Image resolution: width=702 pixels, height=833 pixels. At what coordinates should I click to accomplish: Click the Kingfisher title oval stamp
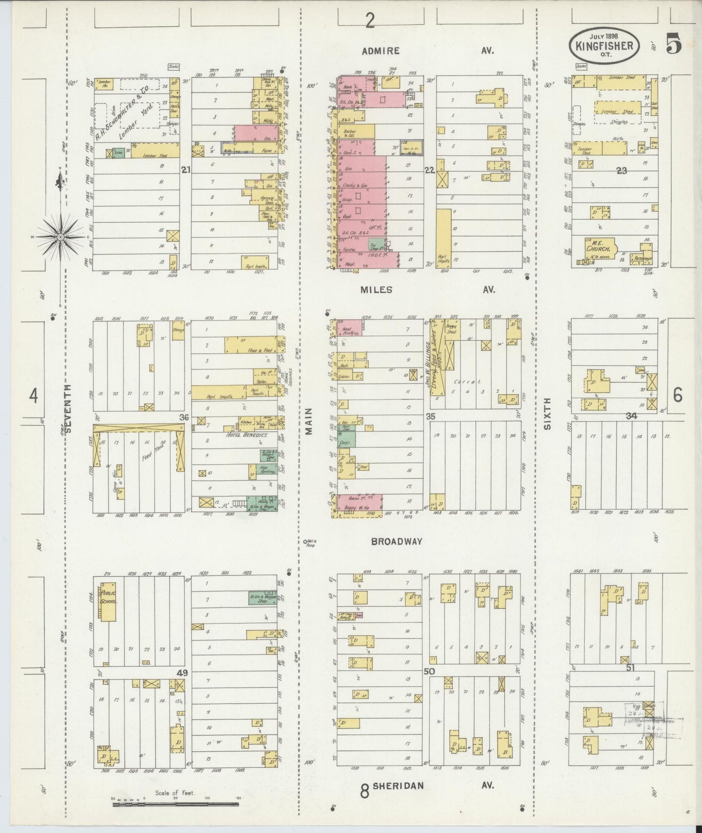604,45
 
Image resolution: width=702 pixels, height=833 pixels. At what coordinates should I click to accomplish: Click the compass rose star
60,237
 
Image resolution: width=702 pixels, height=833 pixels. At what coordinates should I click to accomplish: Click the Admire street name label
380,51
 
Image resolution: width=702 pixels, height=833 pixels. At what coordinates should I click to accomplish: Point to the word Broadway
396,541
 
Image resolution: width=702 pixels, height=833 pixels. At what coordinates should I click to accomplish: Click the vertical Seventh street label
68,408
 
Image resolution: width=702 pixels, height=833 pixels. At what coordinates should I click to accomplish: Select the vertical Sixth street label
548,413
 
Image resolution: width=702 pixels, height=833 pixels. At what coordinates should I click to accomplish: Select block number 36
184,417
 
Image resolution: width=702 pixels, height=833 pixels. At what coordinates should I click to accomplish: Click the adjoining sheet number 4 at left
33,396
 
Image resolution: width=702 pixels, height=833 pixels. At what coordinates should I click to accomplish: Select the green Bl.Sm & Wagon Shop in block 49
263,599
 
